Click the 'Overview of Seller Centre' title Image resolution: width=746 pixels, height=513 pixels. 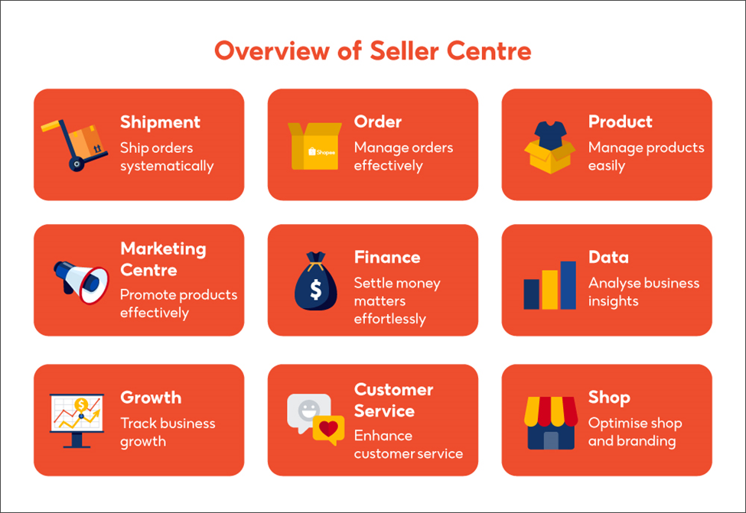click(x=373, y=51)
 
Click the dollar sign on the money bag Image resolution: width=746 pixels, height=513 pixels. click(x=315, y=290)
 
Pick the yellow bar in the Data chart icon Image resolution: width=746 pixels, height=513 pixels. click(x=549, y=289)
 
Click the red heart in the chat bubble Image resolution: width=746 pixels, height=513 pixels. click(x=327, y=430)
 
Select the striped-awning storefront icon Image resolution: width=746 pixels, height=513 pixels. click(x=550, y=422)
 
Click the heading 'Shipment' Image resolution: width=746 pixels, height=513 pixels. click(x=160, y=122)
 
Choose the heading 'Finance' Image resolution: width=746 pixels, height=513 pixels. click(x=387, y=257)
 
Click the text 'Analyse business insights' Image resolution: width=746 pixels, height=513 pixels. click(x=643, y=291)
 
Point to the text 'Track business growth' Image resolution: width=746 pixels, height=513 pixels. click(x=168, y=432)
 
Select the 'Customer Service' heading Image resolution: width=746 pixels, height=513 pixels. click(x=393, y=400)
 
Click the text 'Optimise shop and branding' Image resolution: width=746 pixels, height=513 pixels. click(x=634, y=432)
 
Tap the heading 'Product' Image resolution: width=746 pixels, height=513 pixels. click(x=620, y=122)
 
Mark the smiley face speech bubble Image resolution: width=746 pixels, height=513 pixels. click(x=308, y=408)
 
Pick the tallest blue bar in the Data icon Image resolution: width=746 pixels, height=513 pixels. click(x=568, y=285)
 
